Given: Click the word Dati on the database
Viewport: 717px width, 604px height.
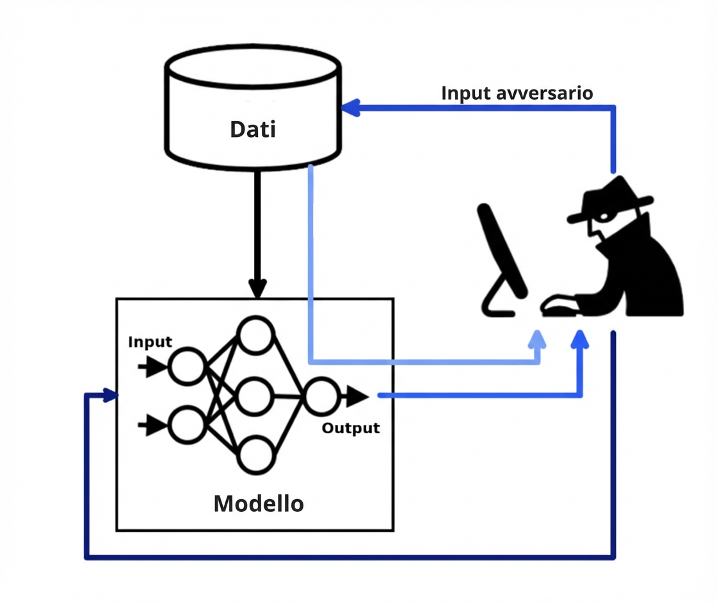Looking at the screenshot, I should (x=253, y=129).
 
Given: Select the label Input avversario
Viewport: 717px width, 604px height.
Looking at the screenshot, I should (x=517, y=93).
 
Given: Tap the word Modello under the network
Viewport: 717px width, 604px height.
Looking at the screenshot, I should (x=259, y=504).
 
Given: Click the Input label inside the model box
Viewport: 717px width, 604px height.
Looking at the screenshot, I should (x=150, y=342).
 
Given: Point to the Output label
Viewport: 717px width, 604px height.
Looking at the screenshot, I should (x=350, y=428).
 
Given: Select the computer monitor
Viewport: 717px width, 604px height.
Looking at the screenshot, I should (x=503, y=256).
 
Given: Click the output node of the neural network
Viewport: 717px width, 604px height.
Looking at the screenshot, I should (x=321, y=397).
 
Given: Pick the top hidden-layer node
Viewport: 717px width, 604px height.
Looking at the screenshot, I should (x=256, y=335).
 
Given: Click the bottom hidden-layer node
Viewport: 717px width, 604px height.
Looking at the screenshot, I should (x=256, y=454).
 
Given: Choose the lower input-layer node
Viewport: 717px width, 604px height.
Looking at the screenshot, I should (x=187, y=424).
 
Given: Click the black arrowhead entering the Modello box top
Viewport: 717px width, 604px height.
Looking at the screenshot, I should (x=257, y=289).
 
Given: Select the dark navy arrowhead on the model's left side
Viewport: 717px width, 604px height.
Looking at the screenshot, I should (x=111, y=396).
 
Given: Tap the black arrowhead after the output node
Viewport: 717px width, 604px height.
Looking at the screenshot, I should (x=357, y=397).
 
